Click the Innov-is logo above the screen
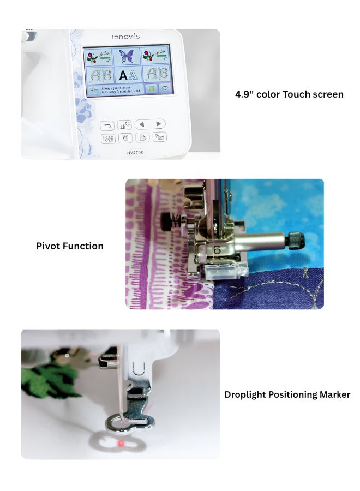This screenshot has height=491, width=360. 126,37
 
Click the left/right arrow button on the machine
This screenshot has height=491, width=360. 150,124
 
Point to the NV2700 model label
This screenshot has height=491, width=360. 135,152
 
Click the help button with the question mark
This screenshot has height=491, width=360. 159,137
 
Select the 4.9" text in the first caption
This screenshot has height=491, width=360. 245,94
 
